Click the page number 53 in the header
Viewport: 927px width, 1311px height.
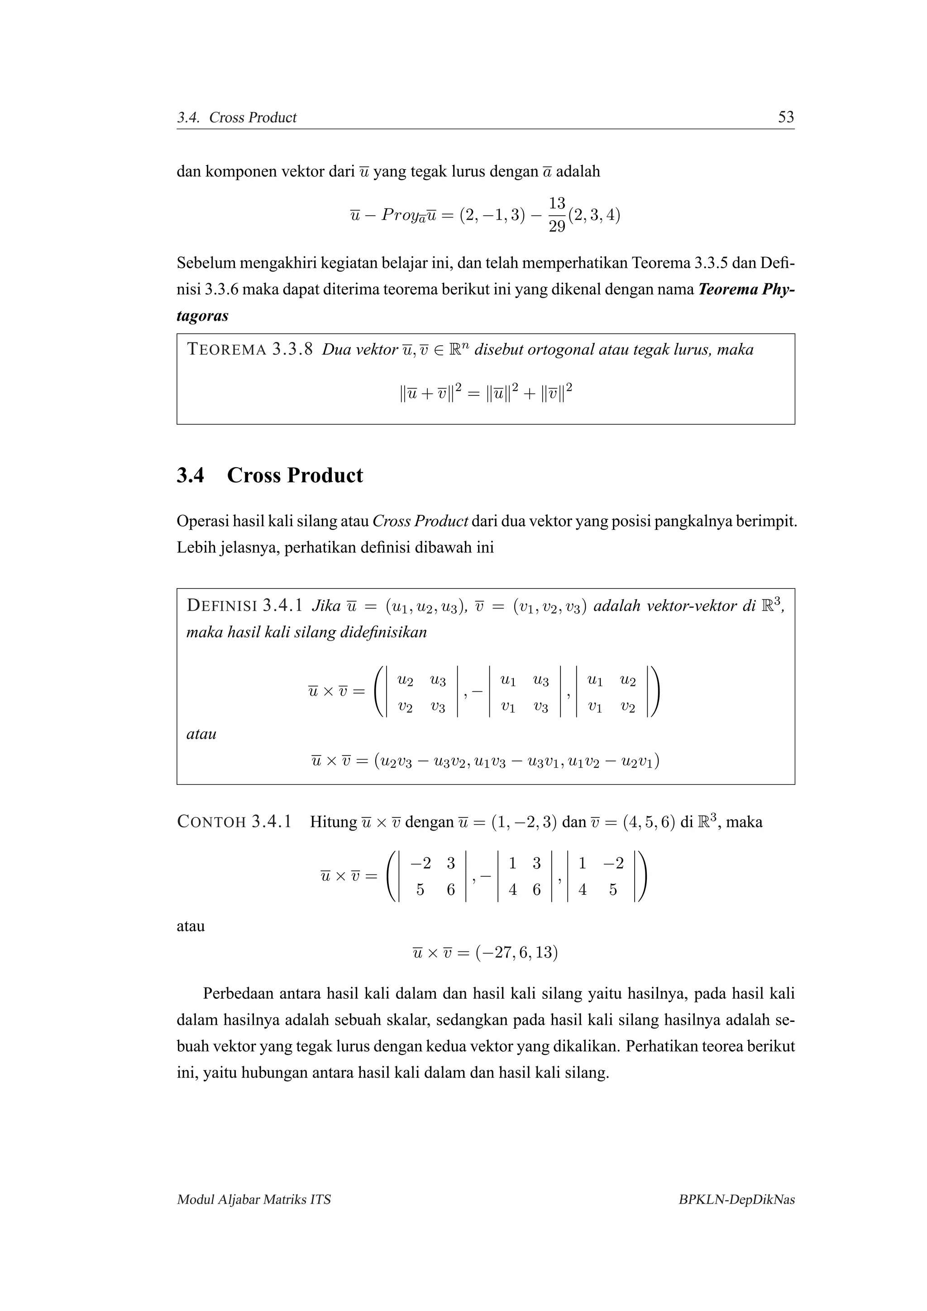(786, 117)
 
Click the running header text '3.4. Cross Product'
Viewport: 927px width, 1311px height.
(236, 118)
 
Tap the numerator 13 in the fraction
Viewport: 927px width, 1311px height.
(557, 203)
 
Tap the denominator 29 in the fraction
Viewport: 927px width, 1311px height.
(557, 227)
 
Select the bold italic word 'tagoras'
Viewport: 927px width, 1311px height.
(202, 316)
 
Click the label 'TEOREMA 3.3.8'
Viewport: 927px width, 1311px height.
(249, 349)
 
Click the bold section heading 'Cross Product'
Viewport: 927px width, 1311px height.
(295, 475)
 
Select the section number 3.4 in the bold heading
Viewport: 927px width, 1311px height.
(190, 475)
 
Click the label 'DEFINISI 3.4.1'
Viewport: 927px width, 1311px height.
(244, 606)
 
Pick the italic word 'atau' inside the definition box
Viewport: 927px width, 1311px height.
(201, 734)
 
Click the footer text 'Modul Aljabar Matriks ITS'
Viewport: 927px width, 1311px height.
(253, 1200)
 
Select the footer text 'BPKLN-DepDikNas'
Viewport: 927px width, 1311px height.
(736, 1200)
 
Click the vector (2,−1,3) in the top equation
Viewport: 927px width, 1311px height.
(492, 215)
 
